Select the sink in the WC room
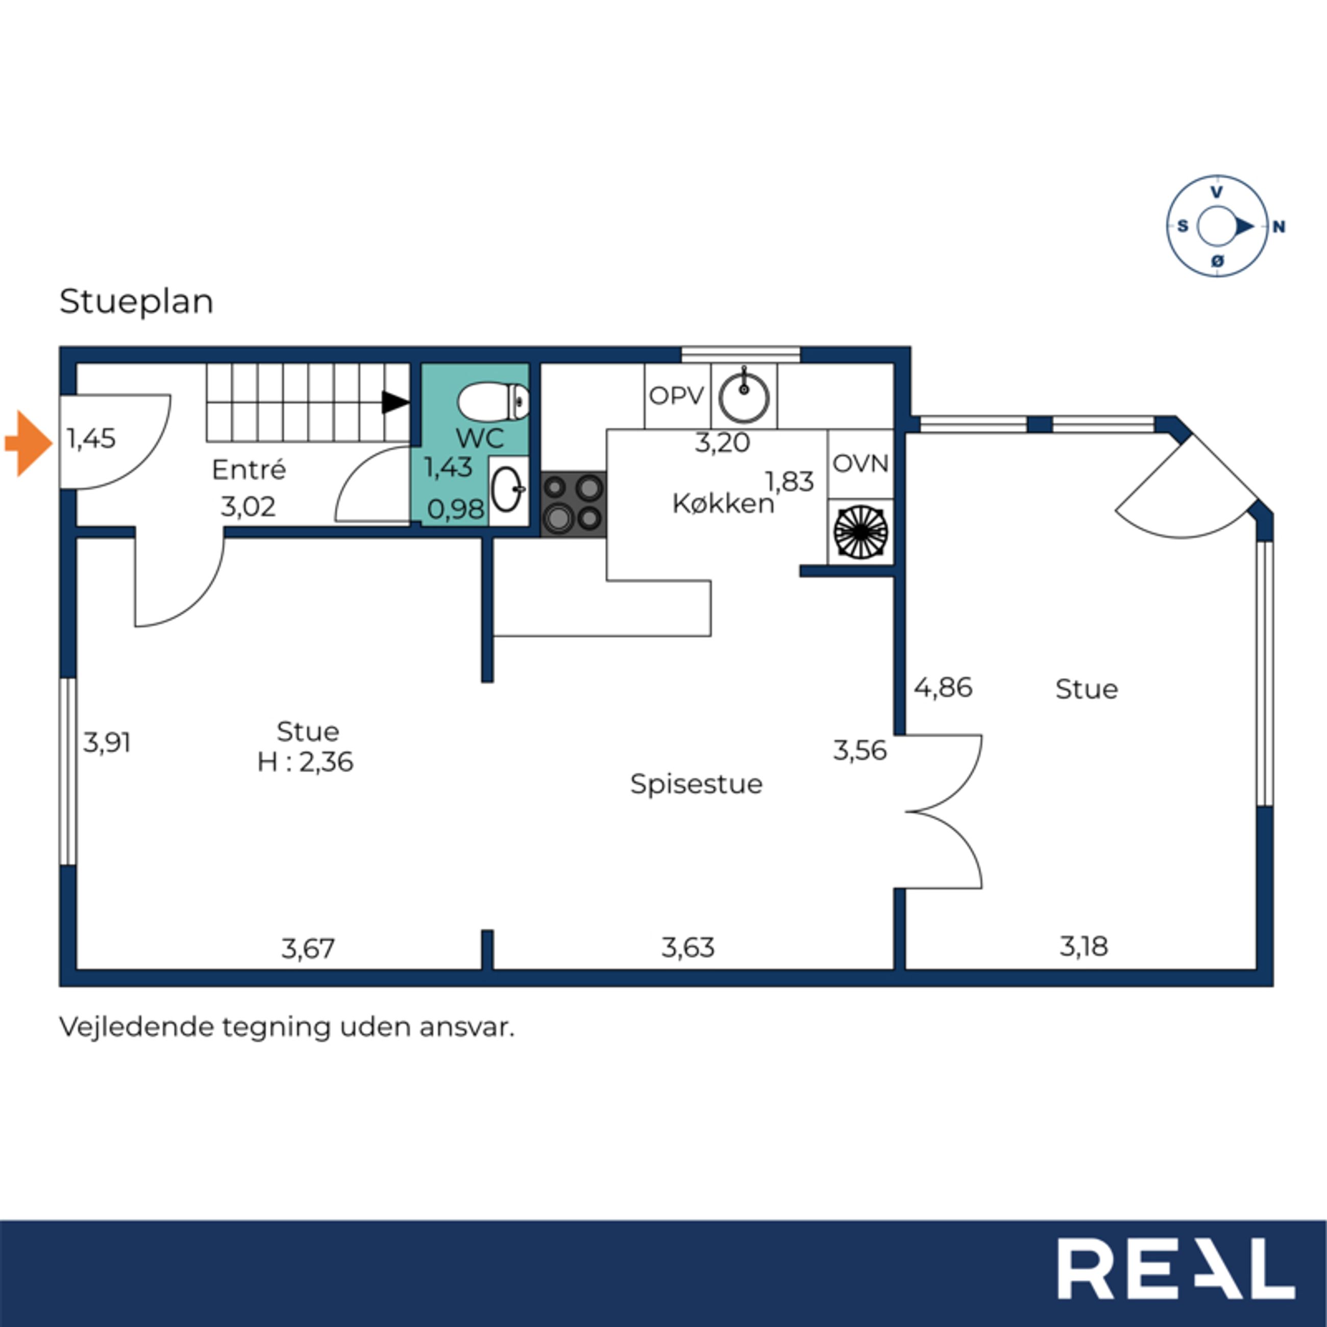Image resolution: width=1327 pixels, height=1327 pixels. tap(508, 490)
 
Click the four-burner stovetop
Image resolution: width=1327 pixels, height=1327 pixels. tap(573, 503)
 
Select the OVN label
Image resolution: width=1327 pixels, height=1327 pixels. tap(861, 463)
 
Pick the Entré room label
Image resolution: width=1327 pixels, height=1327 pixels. tap(249, 470)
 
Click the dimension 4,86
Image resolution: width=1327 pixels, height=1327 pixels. tap(943, 687)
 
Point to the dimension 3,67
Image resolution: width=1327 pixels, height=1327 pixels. tap(308, 948)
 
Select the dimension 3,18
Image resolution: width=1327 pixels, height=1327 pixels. tap(1084, 946)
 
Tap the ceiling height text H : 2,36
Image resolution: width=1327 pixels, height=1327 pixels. tap(305, 761)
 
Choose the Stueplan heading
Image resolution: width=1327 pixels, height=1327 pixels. tap(137, 302)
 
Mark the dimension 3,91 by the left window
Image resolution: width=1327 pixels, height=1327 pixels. tap(107, 743)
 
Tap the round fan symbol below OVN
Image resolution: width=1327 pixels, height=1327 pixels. tap(861, 532)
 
